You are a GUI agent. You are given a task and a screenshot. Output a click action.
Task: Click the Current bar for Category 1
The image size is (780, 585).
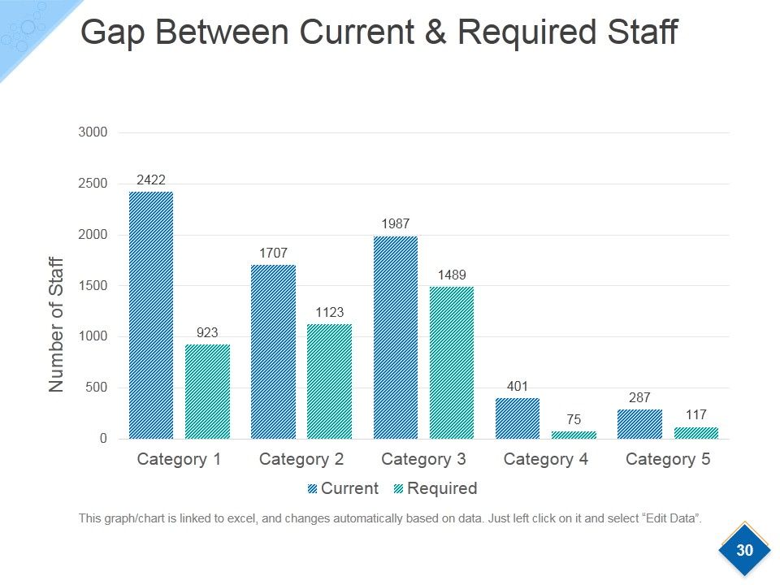(151, 315)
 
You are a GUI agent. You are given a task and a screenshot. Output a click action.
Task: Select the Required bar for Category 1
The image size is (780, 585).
(207, 392)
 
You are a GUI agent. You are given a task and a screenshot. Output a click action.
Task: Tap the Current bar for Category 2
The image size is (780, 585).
(273, 352)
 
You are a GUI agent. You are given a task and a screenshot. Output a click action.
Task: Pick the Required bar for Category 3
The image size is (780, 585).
(452, 362)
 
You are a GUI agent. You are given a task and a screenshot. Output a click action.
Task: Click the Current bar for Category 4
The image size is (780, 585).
(518, 418)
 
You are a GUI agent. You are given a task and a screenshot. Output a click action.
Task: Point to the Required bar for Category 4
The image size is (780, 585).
(574, 435)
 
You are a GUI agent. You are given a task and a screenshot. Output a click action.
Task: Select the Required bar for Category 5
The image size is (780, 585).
(696, 433)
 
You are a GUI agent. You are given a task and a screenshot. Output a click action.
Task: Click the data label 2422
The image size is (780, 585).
(151, 180)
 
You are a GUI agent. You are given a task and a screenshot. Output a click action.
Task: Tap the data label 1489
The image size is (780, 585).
(452, 275)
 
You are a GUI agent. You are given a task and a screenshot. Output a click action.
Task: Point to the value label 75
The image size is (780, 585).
(574, 419)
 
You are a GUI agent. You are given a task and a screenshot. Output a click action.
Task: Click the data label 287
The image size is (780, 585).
(639, 397)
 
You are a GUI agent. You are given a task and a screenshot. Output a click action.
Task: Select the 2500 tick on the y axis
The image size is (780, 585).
(93, 183)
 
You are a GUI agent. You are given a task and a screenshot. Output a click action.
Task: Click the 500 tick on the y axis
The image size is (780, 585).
(96, 387)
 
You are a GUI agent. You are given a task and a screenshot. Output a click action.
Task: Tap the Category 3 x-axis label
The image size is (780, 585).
(423, 459)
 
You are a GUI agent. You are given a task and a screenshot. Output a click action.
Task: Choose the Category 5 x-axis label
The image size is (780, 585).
(668, 459)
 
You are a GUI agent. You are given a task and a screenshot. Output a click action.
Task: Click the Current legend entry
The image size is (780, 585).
(343, 488)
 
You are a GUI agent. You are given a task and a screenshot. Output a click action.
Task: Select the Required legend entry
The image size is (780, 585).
(435, 488)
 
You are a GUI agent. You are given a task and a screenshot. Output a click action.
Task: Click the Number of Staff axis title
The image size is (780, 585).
(56, 324)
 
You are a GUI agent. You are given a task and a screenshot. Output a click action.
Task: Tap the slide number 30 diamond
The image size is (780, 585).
(744, 550)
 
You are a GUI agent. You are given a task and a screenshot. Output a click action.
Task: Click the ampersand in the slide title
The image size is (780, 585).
(435, 32)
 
